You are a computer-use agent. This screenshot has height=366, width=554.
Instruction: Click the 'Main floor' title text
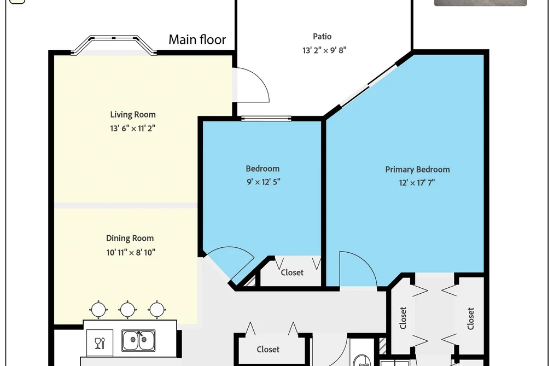tap(197, 39)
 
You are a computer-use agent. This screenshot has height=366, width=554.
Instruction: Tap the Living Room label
tap(133, 114)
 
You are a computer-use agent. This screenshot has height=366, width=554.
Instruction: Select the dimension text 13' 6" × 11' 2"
tap(132, 128)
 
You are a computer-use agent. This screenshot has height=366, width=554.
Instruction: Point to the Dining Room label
tap(130, 239)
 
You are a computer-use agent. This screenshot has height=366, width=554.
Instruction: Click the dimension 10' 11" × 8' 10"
tap(131, 252)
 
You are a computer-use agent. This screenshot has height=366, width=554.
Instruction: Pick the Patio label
tap(322, 37)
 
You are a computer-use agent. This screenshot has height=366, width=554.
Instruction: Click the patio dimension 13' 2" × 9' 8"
tap(324, 50)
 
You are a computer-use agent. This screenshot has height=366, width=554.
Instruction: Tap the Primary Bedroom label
tap(417, 170)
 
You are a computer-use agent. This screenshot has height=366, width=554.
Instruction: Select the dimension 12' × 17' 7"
tap(417, 183)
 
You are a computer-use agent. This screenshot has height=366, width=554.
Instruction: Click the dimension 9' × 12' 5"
tap(263, 182)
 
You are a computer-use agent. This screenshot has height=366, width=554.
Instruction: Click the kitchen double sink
tap(138, 340)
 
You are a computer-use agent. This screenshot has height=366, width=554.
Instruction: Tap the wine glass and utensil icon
tap(100, 343)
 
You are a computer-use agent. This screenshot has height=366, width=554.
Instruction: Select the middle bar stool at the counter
tap(127, 310)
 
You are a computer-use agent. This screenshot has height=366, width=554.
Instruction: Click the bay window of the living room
tap(114, 44)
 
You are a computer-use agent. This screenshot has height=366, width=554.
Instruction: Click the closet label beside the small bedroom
tap(292, 272)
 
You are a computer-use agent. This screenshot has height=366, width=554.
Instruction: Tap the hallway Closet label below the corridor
tap(268, 350)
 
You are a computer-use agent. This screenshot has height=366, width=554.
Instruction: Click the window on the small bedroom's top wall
tap(266, 118)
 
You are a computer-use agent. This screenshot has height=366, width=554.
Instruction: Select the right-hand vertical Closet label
tap(470, 318)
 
